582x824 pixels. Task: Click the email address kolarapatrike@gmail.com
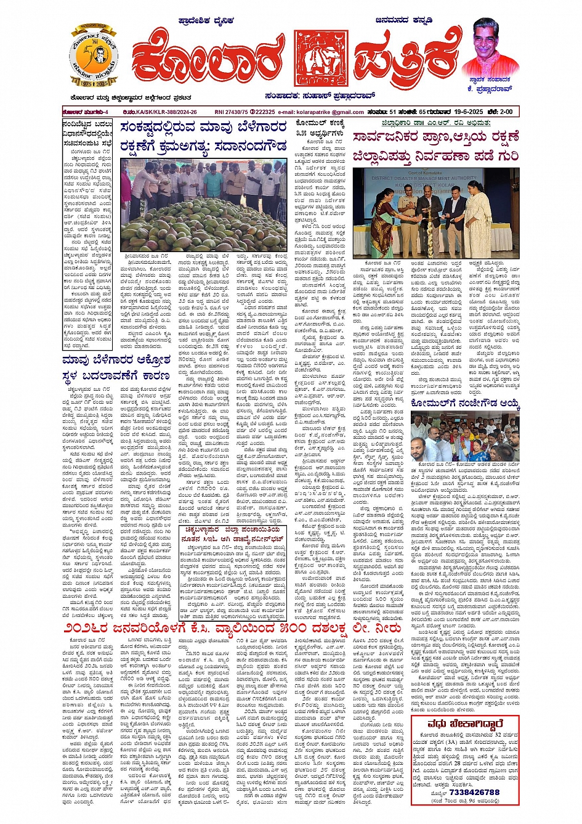coord(329,112)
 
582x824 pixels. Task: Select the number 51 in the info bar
coord(393,112)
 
